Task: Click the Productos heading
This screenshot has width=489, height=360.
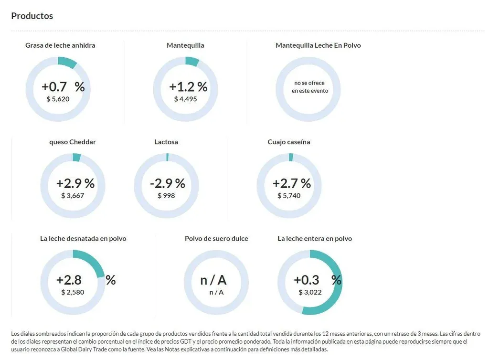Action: [32, 16]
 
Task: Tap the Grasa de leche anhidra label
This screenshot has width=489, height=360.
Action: [60, 45]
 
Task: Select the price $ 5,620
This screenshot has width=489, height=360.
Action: [58, 99]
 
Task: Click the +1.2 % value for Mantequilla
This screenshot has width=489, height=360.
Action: [188, 87]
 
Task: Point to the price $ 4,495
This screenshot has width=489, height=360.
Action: [185, 99]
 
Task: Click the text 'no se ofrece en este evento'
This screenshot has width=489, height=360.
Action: [310, 87]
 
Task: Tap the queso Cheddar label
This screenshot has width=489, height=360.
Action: [73, 142]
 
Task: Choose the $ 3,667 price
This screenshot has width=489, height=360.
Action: [73, 196]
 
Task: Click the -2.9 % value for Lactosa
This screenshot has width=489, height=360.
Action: [167, 183]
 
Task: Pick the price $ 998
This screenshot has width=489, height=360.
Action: [166, 196]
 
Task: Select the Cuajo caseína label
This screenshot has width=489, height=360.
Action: [289, 142]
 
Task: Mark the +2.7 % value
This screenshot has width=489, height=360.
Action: [291, 183]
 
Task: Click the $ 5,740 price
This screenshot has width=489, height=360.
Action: [289, 196]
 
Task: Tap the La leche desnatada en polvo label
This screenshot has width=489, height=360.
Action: [83, 239]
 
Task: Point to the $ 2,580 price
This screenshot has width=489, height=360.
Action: [73, 292]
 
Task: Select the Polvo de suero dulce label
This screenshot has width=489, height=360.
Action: [216, 239]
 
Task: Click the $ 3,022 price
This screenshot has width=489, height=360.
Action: [310, 292]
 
